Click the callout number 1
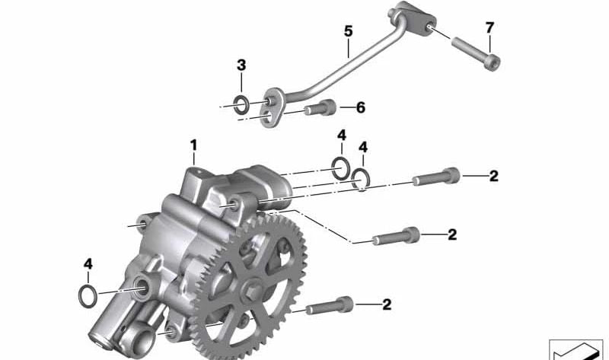click(x=193, y=145)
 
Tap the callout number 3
click(x=241, y=65)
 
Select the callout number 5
click(x=349, y=31)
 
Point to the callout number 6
click(x=361, y=107)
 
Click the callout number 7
click(x=489, y=28)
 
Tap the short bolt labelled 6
click(x=320, y=107)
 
